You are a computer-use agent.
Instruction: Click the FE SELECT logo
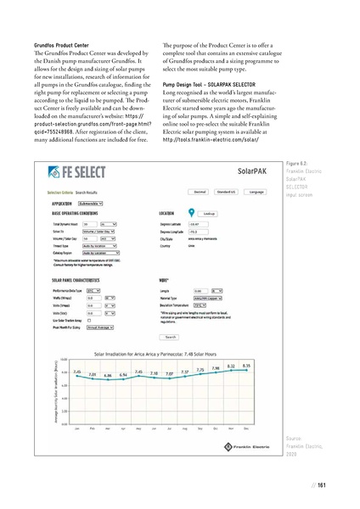(80, 172)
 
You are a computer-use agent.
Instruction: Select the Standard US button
(224, 192)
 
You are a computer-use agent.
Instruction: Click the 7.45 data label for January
(77, 371)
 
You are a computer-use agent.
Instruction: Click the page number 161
(323, 485)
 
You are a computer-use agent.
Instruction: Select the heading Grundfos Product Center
(57, 40)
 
